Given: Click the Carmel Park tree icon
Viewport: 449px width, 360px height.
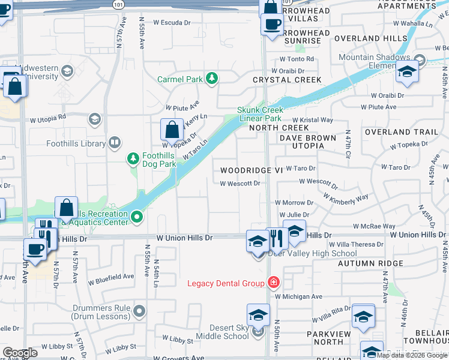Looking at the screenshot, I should coord(211,79).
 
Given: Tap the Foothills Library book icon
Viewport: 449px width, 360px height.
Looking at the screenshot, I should coord(114,143).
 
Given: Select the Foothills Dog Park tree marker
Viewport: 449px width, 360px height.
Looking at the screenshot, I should coord(133,159).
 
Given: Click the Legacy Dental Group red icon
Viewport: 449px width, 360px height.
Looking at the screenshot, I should coord(273,283).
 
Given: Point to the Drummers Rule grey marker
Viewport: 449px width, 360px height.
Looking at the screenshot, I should coord(139,310).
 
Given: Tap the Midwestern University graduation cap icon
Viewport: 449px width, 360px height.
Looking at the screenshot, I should coord(67,72).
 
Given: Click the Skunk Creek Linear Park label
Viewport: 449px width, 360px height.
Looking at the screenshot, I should coord(259,114).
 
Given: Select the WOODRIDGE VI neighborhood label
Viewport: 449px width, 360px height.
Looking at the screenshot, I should coord(251,170).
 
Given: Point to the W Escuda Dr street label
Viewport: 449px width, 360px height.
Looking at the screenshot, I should coord(172,22).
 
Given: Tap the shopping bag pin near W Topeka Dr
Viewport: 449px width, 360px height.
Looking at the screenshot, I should coord(172,128).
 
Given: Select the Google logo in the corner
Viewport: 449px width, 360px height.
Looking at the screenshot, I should coord(20,353).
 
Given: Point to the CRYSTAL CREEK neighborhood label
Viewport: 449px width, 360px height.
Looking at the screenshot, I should coord(287,80).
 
